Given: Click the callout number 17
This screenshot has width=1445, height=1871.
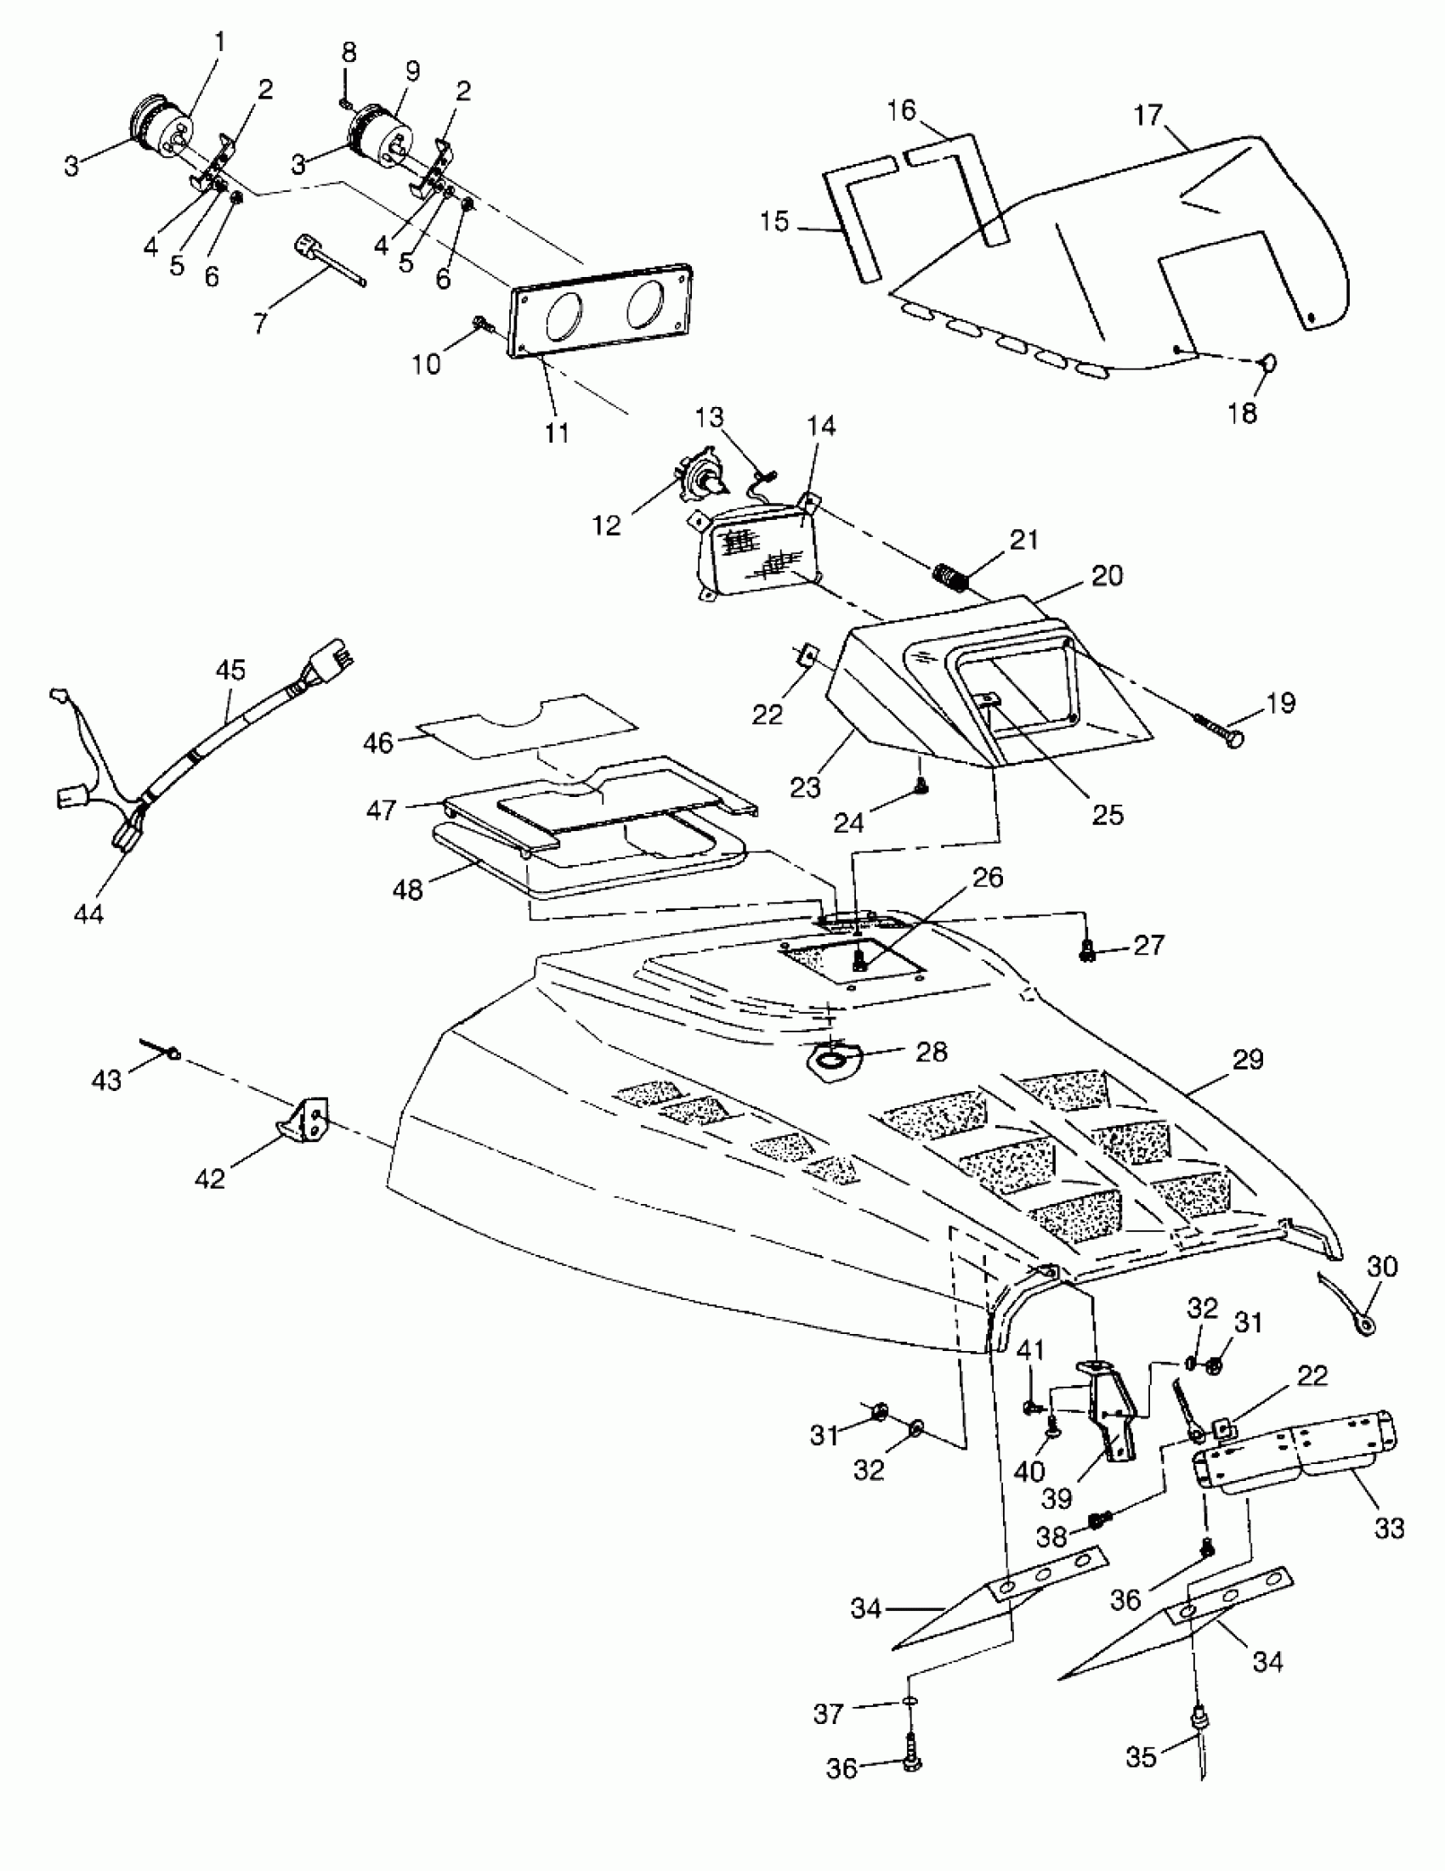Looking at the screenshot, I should (1147, 115).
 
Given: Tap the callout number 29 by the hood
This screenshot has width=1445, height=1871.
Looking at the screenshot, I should (1247, 1060).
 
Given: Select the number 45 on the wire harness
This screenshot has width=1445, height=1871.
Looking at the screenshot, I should (229, 670).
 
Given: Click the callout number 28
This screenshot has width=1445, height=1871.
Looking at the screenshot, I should (932, 1051).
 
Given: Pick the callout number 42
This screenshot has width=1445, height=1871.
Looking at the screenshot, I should (209, 1178).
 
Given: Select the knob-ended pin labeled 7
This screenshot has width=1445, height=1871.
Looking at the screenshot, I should (329, 263).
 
